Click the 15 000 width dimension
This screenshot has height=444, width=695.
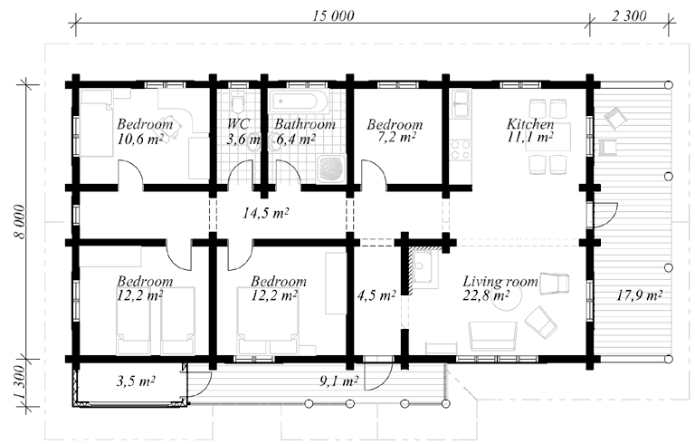333,16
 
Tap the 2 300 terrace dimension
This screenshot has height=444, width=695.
629,16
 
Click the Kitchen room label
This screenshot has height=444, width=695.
530,124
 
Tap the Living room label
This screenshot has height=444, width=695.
500,282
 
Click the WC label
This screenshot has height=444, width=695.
239,124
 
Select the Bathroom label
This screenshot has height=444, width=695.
305,124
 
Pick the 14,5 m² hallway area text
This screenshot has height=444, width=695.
265,214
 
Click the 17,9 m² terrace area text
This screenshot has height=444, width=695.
639,295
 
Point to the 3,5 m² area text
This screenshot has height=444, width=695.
136,381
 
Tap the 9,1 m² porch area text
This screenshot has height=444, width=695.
338,381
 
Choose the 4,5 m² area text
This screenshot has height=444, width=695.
376,295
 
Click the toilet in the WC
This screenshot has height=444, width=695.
239,103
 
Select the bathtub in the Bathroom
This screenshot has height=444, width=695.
300,102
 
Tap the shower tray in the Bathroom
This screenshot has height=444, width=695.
331,169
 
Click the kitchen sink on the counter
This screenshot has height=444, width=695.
461,104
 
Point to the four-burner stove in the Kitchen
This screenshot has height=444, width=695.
461,150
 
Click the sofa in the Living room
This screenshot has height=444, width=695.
493,336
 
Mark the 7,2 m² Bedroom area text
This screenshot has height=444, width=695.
391,138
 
